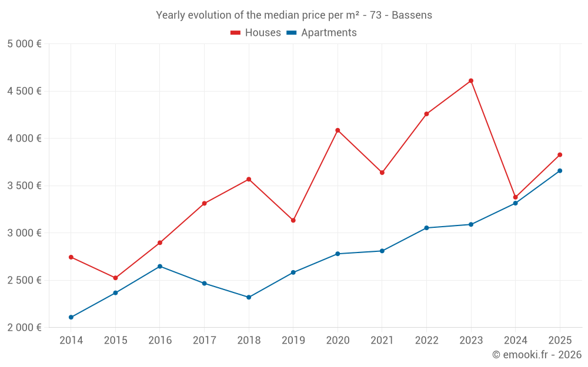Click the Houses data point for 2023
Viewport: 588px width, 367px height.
pos(471,81)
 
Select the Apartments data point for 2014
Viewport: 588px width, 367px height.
pos(71,317)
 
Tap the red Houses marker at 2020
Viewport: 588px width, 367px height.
pos(338,130)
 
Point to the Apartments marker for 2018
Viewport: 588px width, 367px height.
pos(249,297)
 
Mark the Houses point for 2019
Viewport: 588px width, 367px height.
pos(293,220)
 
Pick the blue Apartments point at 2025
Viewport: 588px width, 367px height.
pos(560,171)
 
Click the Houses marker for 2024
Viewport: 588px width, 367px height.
pos(516,197)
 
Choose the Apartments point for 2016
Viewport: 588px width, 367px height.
pos(160,267)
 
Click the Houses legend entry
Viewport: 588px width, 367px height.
pos(256,33)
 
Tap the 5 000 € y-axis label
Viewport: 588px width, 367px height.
pos(24,44)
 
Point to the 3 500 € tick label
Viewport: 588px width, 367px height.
pos(24,186)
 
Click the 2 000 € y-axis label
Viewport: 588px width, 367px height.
pos(24,328)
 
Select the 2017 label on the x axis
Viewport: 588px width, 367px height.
pos(204,341)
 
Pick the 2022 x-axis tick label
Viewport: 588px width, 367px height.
pos(426,341)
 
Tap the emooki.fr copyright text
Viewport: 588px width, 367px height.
pos(536,355)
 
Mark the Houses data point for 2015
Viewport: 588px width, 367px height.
pos(115,278)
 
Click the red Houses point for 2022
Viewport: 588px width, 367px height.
pos(426,114)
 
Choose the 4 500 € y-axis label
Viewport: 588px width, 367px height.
pos(24,91)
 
